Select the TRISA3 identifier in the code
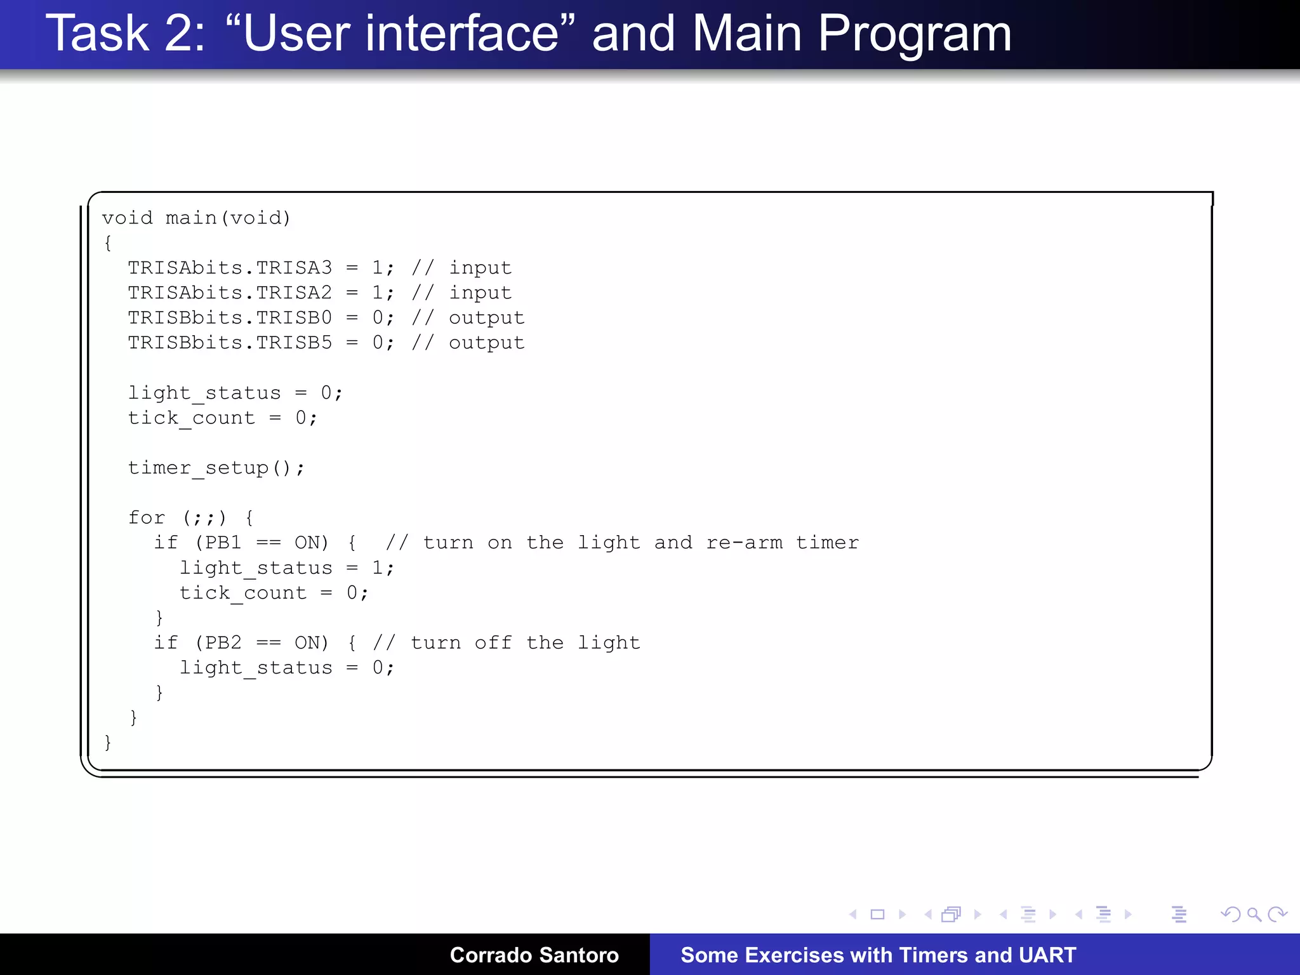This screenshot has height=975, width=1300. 294,268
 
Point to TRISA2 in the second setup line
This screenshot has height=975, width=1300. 294,293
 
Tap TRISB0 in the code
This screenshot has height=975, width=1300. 294,317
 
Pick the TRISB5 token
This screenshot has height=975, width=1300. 294,343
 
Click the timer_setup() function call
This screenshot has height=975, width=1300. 216,468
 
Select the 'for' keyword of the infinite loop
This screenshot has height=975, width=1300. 147,518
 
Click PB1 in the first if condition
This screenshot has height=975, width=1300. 223,543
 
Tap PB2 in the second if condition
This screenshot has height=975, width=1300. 223,643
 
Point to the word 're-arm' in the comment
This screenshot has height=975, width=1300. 744,543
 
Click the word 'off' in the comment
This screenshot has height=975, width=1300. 493,643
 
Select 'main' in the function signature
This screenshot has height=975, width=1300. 191,218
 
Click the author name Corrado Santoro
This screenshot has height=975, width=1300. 534,955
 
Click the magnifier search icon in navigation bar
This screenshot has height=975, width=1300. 1254,915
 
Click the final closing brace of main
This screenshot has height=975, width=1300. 108,741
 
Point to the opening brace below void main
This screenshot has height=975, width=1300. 108,243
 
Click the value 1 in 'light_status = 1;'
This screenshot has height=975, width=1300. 378,567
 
